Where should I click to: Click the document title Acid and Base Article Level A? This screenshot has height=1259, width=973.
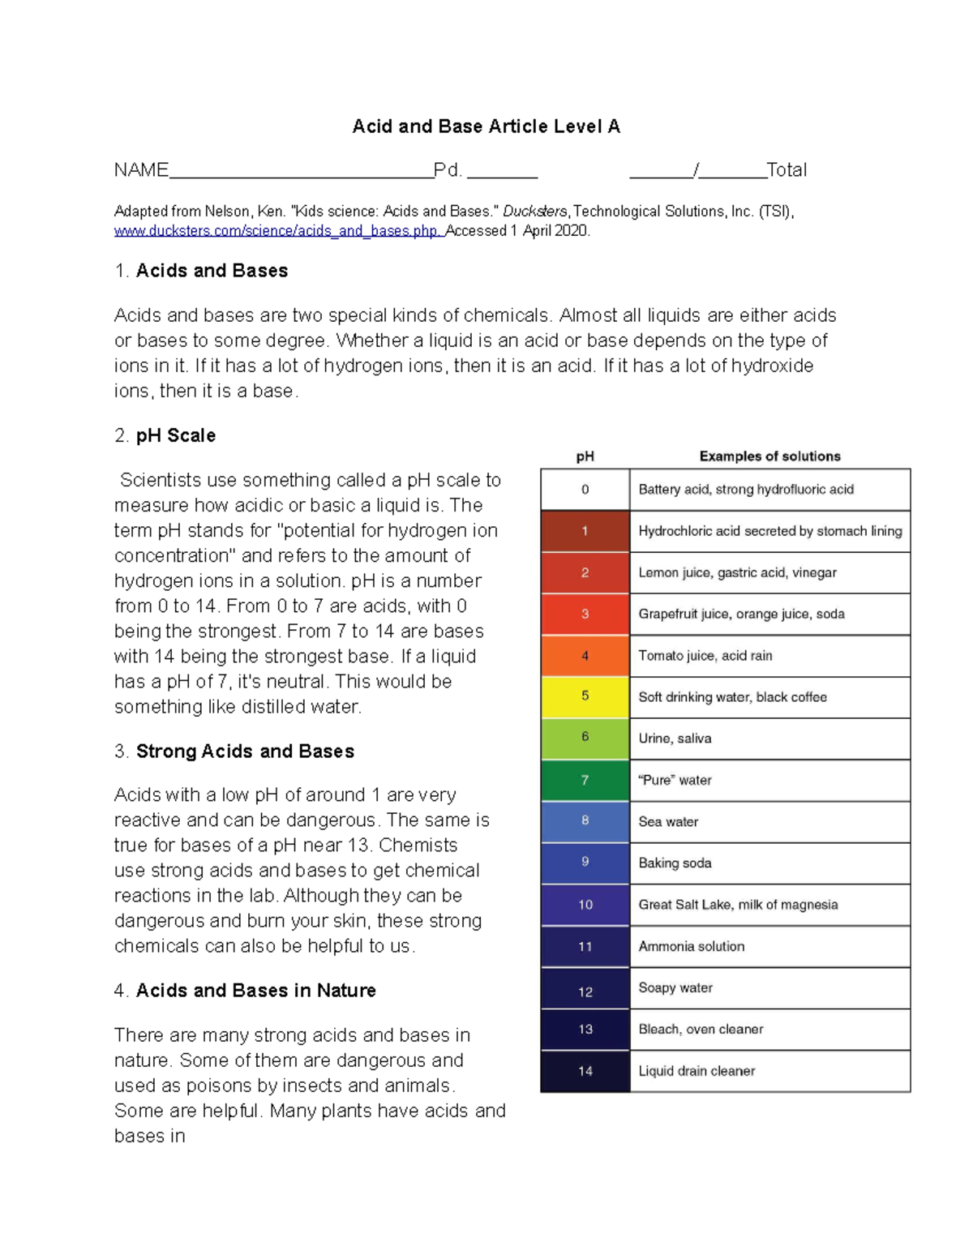coord(486,126)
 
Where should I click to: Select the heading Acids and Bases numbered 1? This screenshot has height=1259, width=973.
coord(212,271)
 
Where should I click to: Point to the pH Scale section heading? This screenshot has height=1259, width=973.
coord(175,435)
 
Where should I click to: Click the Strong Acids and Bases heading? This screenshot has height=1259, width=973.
coord(245,752)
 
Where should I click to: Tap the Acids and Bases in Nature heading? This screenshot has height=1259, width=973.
coord(255,991)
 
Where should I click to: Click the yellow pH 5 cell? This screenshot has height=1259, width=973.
coord(585,696)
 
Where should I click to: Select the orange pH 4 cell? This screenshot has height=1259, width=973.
coord(585,655)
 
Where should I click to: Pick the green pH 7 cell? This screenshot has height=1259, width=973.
coord(585,780)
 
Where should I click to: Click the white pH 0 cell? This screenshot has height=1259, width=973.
coord(585,490)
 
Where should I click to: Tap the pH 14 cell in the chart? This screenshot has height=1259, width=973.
coord(585,1071)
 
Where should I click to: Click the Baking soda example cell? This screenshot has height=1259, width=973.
coord(769,863)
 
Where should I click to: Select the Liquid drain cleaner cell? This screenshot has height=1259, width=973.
coord(769,1071)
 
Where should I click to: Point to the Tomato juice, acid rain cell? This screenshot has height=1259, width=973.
coord(769,656)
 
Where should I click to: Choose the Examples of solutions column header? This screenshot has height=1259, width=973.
coord(769,456)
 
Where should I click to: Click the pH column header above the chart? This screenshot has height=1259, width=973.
coord(585,456)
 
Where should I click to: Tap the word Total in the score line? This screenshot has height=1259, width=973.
coord(787,170)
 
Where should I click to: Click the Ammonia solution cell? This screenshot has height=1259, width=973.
coord(769,946)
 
